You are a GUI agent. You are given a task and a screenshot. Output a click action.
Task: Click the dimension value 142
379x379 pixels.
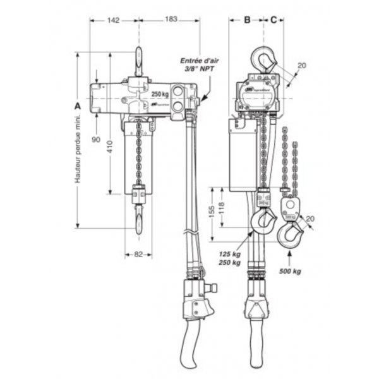pyautogui.click(x=114, y=20)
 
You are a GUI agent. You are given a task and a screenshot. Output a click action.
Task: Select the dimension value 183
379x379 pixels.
pyautogui.click(x=171, y=20)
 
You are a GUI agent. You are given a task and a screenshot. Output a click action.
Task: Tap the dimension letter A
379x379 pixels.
pyautogui.click(x=78, y=106)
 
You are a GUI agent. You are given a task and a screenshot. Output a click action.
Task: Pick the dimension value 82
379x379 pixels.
pyautogui.click(x=139, y=255)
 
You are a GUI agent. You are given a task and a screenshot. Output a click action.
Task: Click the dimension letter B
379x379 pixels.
pyautogui.click(x=248, y=20)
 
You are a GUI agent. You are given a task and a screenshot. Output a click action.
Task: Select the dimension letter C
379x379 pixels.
pyautogui.click(x=273, y=20)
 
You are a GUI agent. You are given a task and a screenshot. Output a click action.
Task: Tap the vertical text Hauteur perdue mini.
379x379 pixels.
pyautogui.click(x=78, y=149)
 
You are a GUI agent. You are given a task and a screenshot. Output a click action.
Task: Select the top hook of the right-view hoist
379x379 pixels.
pyautogui.click(x=263, y=60)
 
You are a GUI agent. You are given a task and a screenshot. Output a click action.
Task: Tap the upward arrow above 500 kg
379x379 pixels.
pyautogui.click(x=290, y=258)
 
